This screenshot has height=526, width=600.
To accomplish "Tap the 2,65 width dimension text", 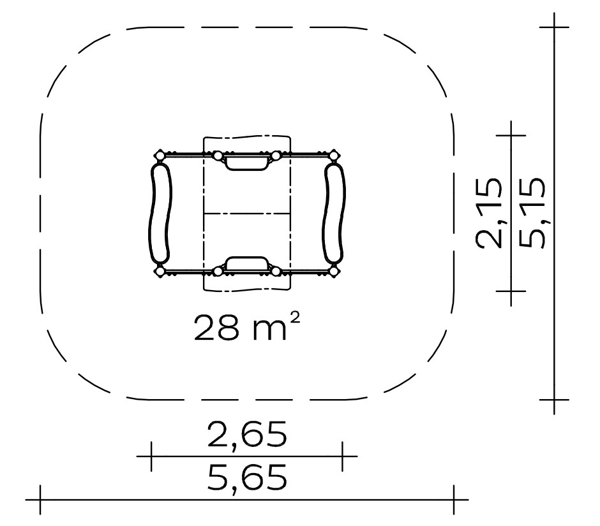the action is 247,434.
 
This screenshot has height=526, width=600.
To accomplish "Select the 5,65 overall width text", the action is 247,477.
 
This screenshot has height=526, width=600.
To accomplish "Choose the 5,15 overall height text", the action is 532,214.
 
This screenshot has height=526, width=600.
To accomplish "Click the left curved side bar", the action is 160,214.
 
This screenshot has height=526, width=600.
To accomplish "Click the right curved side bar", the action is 334,214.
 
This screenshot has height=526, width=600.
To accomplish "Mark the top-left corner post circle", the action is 160,156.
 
